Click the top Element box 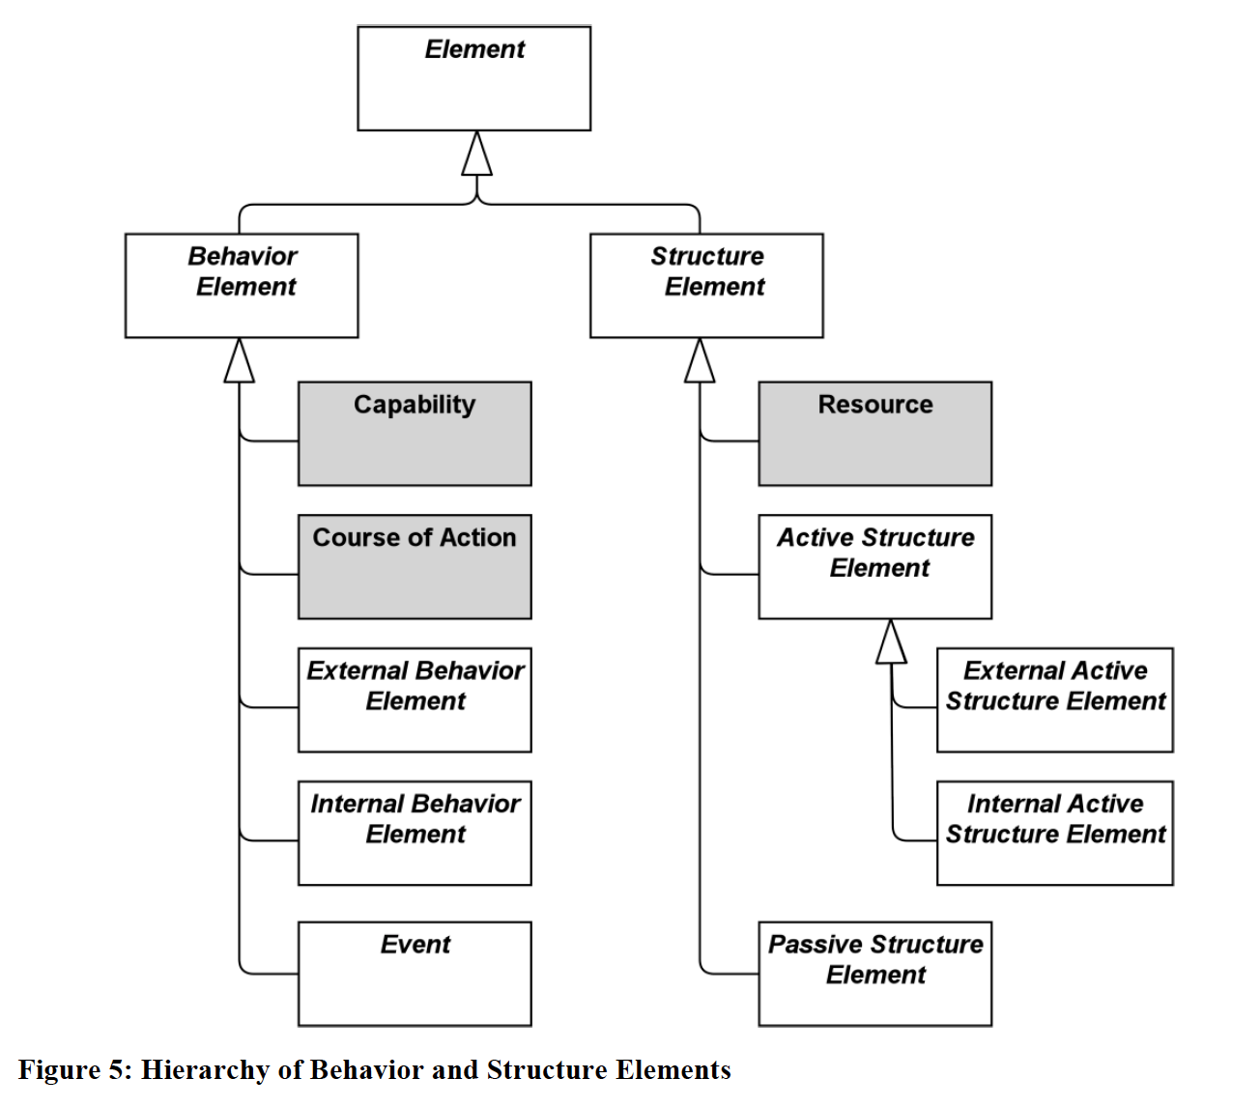pos(473,78)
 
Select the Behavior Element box pos(242,286)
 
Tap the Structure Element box pos(706,286)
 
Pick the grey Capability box pos(415,434)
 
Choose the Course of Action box pos(415,567)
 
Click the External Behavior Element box pos(415,700)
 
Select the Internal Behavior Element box pos(415,834)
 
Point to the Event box pos(415,974)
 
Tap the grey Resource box pos(875,434)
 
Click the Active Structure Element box pos(875,567)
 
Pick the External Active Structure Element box pos(1055,700)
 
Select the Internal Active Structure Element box pos(1055,834)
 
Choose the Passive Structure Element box pos(875,974)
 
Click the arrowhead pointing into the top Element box pos(477,154)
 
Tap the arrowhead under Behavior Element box pos(240,360)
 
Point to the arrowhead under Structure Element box pos(700,360)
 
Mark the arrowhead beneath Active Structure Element pos(891,641)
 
